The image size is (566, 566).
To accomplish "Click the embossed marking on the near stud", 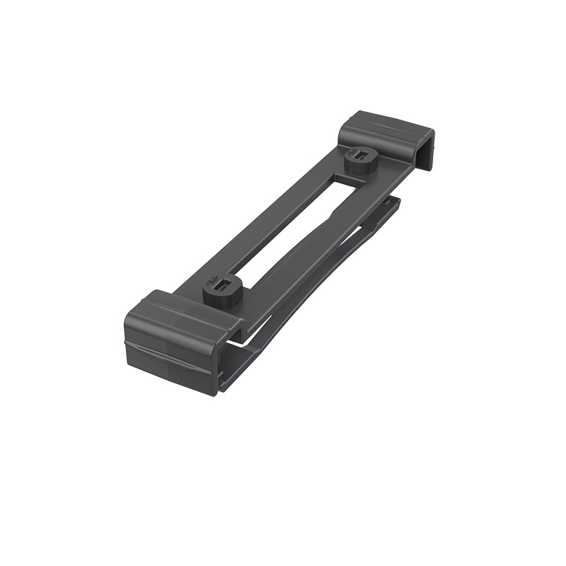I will click(x=213, y=284).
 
